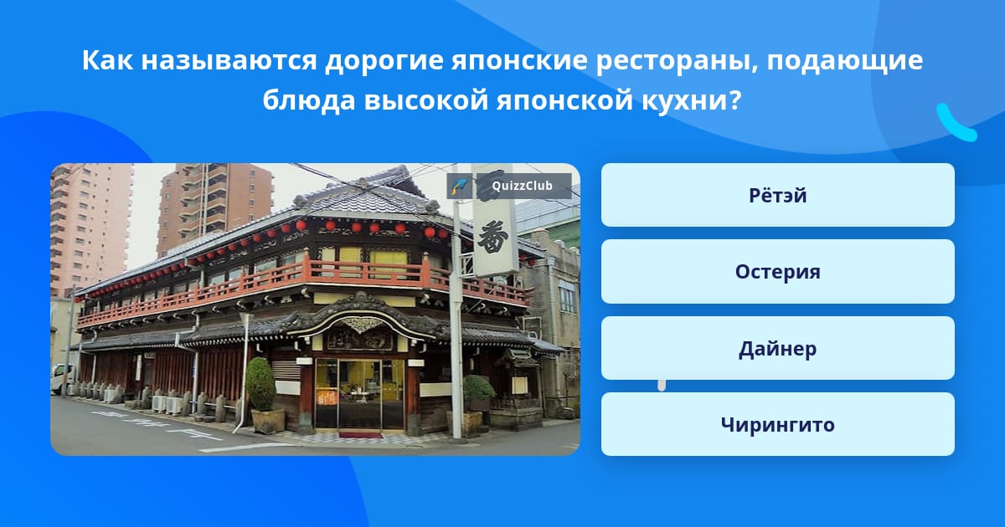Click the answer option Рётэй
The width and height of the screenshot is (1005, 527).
tap(777, 195)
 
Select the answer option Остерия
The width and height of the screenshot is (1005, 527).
tap(777, 272)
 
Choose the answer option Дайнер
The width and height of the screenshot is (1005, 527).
tap(777, 348)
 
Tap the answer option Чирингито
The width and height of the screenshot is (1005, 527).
tap(777, 424)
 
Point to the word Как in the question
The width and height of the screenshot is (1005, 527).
tap(107, 59)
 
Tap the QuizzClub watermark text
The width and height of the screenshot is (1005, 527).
tap(522, 186)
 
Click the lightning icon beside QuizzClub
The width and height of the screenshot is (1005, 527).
tap(459, 186)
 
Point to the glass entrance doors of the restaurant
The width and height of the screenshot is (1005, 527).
tap(360, 393)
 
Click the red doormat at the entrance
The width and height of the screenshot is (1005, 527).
tap(360, 435)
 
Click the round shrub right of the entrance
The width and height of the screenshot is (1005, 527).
tap(479, 388)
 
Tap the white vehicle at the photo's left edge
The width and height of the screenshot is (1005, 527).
tap(62, 379)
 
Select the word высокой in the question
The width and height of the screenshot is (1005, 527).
tap(425, 100)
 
